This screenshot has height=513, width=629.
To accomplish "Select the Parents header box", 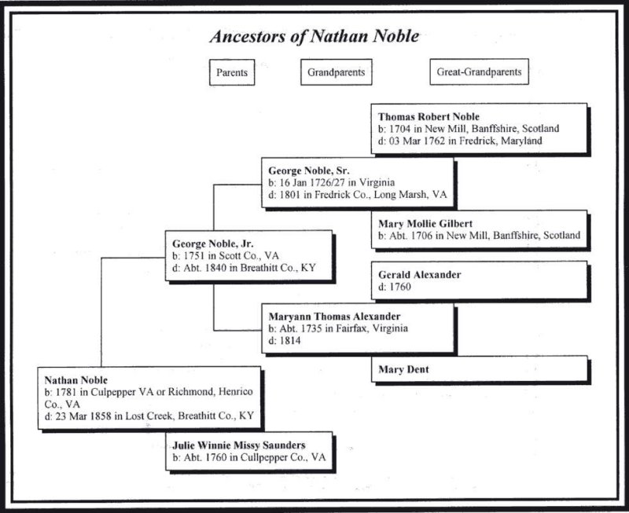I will pyautogui.click(x=233, y=72).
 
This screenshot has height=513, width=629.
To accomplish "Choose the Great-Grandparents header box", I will pyautogui.click(x=479, y=72).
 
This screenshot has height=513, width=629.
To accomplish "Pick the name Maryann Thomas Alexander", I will pyautogui.click(x=336, y=315).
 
